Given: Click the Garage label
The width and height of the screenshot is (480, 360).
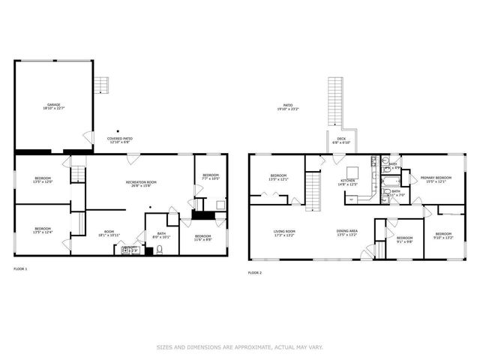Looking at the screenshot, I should click(x=54, y=107).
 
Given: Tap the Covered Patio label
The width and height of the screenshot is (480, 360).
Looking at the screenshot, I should click(x=119, y=140).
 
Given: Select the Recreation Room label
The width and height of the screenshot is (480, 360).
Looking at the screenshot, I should click(x=141, y=184).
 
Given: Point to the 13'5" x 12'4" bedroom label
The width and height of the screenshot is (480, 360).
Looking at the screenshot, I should click(x=43, y=230).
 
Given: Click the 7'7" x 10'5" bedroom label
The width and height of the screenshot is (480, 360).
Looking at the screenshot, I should click(x=211, y=177).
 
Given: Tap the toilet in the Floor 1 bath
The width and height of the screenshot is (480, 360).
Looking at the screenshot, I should click(x=159, y=250).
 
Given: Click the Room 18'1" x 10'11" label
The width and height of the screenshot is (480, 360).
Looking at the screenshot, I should click(x=109, y=233).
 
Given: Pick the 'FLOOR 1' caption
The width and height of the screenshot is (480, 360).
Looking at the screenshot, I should click(x=20, y=268).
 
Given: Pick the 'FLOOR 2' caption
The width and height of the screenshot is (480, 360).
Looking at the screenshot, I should click(x=255, y=272).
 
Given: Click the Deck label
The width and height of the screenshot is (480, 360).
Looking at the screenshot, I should click(x=340, y=140).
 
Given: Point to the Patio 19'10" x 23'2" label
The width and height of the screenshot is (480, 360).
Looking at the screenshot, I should click(x=288, y=107).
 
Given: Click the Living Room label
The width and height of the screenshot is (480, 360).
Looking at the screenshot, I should click(x=284, y=232).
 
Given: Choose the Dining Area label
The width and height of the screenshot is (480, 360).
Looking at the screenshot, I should click(x=346, y=232).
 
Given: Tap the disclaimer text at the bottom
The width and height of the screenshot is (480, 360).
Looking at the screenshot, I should click(x=240, y=347).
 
